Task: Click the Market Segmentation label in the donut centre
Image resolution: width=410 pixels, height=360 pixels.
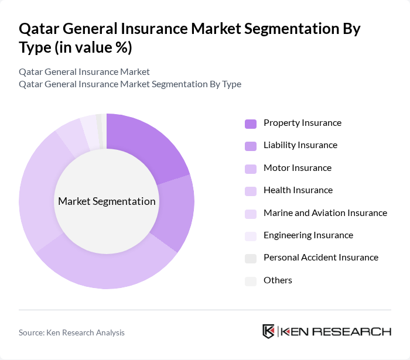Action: tap(107, 201)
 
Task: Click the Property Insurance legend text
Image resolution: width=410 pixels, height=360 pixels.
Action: tap(302, 123)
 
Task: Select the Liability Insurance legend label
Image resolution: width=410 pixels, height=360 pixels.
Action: tap(300, 145)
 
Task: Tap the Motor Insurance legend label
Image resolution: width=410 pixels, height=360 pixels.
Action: tap(298, 168)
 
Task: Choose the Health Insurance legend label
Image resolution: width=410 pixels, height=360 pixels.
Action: tap(298, 190)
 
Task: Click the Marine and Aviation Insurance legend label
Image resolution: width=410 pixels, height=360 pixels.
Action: tap(325, 213)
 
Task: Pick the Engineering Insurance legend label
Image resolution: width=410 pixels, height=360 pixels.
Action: tap(308, 235)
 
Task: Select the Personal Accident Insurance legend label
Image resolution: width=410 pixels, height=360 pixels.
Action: tap(321, 258)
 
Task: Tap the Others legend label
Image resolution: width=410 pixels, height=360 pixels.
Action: tap(278, 280)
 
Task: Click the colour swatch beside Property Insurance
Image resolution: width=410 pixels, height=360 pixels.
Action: tap(251, 124)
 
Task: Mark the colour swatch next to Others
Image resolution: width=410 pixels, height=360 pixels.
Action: tap(251, 281)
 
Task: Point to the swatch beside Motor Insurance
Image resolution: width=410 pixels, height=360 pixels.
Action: tap(251, 169)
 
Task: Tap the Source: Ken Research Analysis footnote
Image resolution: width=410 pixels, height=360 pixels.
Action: tap(71, 332)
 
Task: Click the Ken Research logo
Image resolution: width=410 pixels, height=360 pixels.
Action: tap(326, 331)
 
